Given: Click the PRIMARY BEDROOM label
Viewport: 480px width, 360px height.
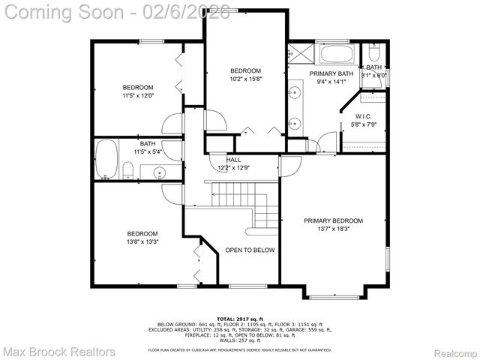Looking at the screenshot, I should [333, 220].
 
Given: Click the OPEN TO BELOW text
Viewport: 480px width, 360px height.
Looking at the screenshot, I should [250, 250].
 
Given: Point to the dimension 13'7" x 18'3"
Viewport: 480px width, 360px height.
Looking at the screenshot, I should [333, 229].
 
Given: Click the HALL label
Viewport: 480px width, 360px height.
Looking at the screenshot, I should [234, 160].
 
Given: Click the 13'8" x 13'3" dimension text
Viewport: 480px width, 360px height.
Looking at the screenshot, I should [142, 241].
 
